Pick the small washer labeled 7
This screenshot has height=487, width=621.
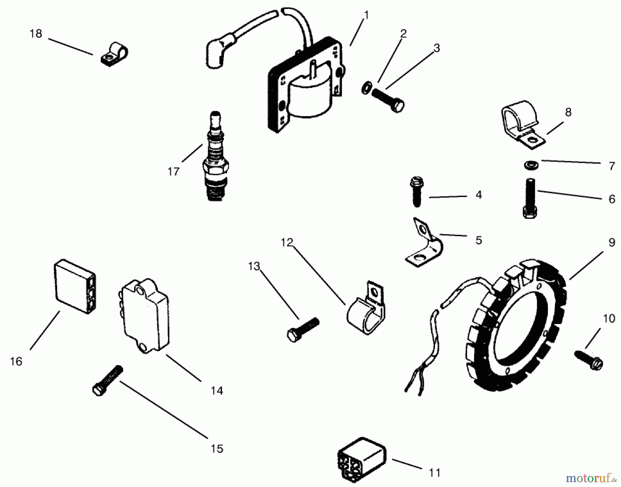528,165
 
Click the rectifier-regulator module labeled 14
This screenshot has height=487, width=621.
145,316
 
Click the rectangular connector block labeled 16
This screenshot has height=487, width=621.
74,285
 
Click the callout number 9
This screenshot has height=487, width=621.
611,243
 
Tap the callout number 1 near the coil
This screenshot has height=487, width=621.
366,15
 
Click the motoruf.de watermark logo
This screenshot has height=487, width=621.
591,478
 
